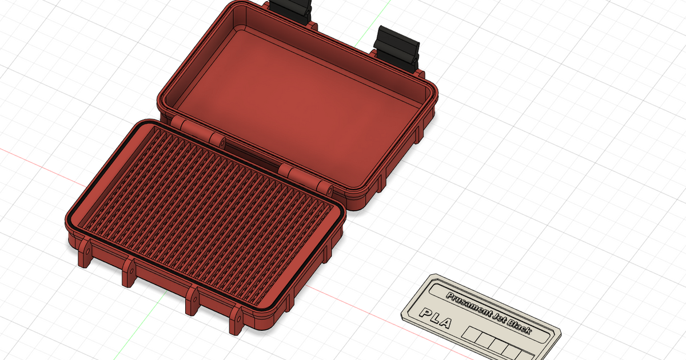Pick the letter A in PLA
point(446,323)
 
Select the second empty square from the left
point(485,339)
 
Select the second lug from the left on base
point(129,271)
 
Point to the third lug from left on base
point(192,299)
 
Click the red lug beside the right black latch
point(420,74)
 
